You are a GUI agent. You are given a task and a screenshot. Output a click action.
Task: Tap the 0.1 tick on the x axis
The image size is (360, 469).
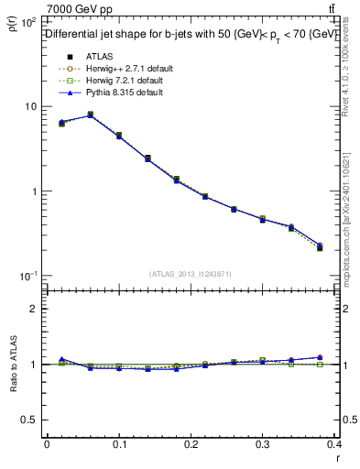point(119,444)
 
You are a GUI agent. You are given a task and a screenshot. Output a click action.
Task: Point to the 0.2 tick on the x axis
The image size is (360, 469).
point(191,444)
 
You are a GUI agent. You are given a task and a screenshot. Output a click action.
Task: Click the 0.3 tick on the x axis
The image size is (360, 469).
point(264,444)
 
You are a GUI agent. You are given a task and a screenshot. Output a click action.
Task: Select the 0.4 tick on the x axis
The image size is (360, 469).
point(334,444)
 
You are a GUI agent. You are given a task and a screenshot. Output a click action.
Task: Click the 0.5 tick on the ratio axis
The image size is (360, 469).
point(32,420)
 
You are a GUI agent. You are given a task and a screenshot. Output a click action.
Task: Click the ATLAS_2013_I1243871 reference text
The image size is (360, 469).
point(191,274)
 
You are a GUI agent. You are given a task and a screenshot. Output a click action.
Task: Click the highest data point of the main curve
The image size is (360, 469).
point(90,115)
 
